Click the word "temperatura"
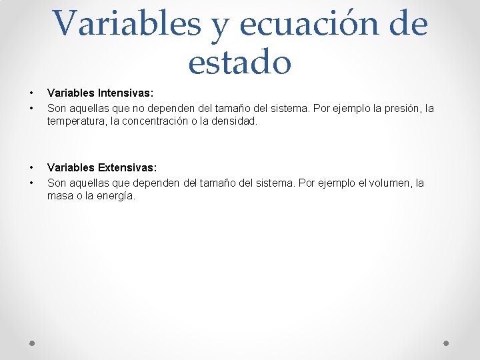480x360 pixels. (x=75, y=122)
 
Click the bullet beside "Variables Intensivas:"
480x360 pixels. (x=31, y=94)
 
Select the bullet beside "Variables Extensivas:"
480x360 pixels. (x=31, y=169)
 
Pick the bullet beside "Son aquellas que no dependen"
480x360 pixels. (x=31, y=108)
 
